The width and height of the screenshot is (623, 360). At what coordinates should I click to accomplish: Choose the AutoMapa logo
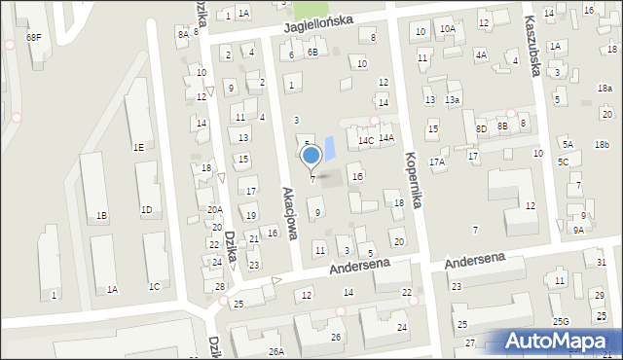[x=560, y=341]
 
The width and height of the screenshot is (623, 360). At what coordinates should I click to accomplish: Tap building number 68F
[x=34, y=37]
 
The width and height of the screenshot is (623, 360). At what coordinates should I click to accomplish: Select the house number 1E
[x=139, y=147]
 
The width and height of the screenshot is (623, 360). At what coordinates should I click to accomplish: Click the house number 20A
[x=215, y=209]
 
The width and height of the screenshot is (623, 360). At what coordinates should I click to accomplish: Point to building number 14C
[x=365, y=141]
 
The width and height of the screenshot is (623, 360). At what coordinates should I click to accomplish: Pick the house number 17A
[x=437, y=162]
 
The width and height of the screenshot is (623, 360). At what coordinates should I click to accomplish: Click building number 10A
[x=447, y=29]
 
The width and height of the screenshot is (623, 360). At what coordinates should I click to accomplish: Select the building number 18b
[x=603, y=145]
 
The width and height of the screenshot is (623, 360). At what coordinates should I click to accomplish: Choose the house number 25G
[x=561, y=321]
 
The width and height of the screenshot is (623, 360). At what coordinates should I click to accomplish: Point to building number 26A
[x=276, y=351]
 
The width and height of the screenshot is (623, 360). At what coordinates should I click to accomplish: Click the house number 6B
[x=312, y=53]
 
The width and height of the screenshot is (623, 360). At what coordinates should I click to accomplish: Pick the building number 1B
[x=101, y=217]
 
